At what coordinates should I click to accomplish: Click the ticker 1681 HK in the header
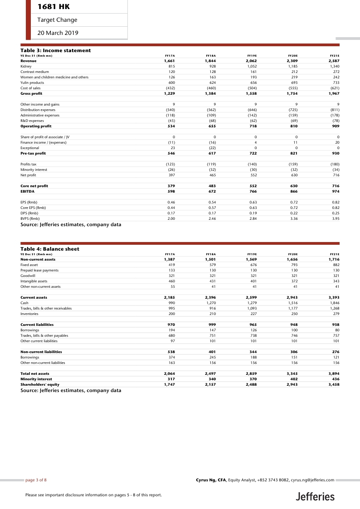click(54, 7)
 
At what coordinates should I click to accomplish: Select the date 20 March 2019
click(58, 33)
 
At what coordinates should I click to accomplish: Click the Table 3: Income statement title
click(56, 50)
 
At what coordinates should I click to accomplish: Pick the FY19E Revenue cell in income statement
click(251, 60)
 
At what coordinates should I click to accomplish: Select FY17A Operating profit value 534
click(171, 126)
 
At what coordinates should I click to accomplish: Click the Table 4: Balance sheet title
click(50, 249)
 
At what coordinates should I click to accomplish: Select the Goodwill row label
click(28, 276)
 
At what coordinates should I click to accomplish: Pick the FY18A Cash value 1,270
click(210, 303)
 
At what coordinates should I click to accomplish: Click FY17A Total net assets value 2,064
click(169, 373)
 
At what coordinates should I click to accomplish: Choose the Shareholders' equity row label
click(40, 384)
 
